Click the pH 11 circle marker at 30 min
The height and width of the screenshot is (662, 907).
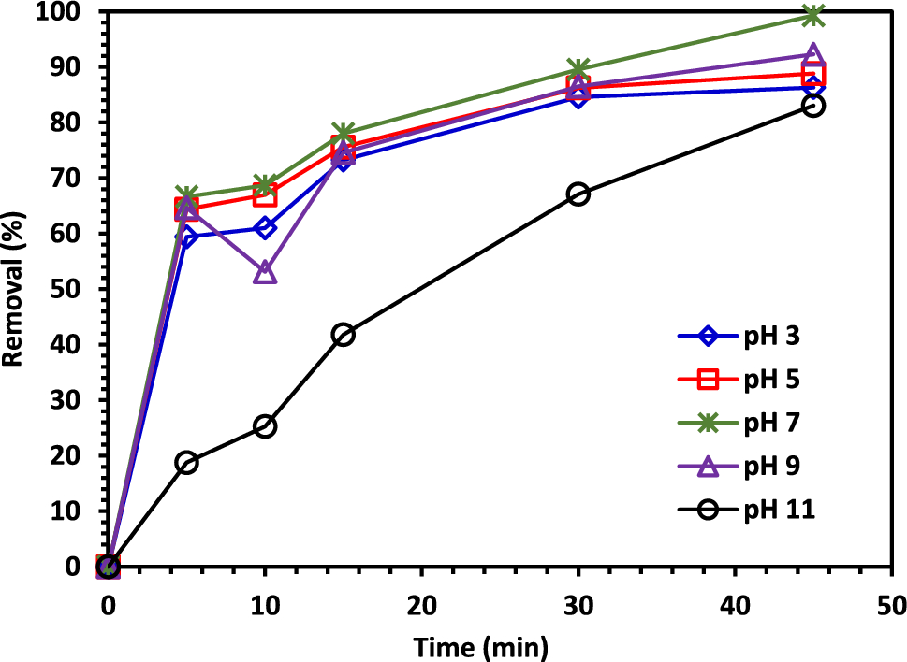click(x=578, y=194)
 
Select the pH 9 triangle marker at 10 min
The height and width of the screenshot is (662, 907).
click(x=265, y=273)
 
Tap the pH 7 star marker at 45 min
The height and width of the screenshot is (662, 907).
click(x=813, y=16)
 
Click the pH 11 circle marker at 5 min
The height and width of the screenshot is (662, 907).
click(x=186, y=463)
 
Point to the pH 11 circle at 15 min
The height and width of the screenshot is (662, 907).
click(x=344, y=335)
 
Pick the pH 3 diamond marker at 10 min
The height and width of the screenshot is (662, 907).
click(x=265, y=228)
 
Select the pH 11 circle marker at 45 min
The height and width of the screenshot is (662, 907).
click(x=813, y=106)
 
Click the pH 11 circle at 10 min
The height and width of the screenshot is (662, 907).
click(x=265, y=426)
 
